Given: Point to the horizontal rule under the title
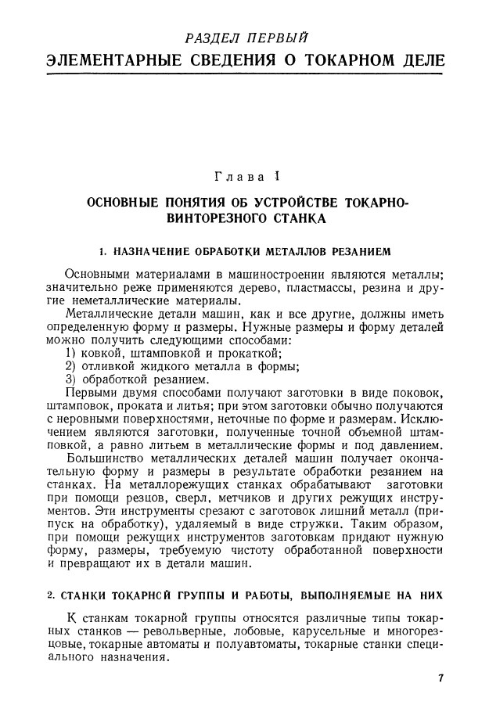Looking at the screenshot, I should coord(244,75).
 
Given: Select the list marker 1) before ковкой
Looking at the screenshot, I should coord(71,353).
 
